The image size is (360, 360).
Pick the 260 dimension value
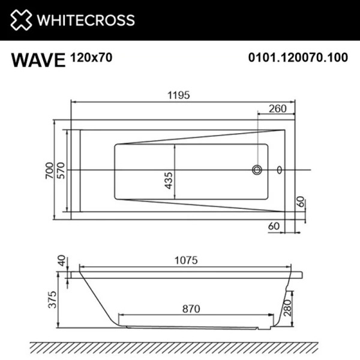click(x=277, y=109)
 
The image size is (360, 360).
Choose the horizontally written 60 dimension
click(x=274, y=226)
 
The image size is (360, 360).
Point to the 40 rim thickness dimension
click(x=60, y=263)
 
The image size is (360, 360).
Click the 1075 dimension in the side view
click(x=185, y=261)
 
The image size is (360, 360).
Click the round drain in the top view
click(x=257, y=170)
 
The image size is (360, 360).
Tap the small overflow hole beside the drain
click(x=279, y=170)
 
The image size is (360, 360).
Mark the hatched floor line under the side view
click(x=174, y=346)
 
